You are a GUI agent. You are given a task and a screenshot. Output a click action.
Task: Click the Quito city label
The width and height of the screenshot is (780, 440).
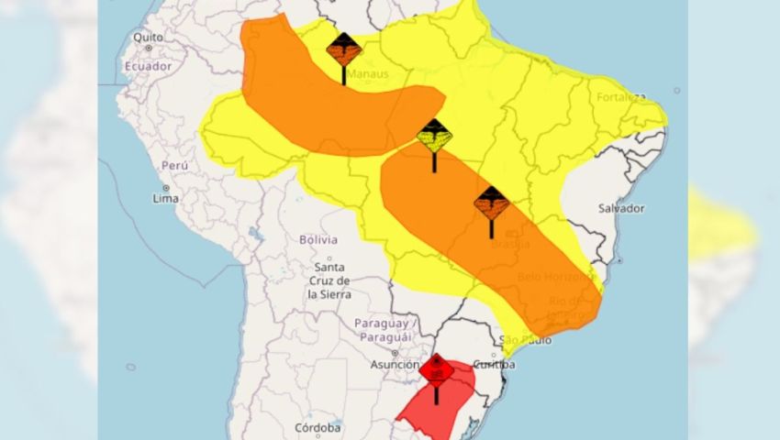click(x=147, y=38)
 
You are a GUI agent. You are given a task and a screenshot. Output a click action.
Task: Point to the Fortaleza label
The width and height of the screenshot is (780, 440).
click(x=620, y=97)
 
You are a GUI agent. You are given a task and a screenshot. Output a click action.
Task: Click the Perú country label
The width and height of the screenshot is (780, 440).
click(x=174, y=164)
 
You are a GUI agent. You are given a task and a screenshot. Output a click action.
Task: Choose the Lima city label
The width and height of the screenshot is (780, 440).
click(x=165, y=197)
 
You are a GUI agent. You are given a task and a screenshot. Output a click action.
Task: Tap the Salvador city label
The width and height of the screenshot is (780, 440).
click(x=621, y=208)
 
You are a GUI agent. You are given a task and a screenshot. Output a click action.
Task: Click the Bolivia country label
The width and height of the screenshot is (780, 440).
click(x=318, y=239)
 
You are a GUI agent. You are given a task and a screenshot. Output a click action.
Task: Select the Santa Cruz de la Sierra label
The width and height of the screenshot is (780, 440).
click(x=329, y=280)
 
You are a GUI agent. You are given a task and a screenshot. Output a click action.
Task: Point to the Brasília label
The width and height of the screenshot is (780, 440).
click(x=510, y=244)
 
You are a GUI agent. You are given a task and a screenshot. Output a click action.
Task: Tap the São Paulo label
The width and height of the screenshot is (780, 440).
click(x=527, y=340)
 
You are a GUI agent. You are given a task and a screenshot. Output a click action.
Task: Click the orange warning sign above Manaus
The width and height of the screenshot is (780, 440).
click(x=344, y=51)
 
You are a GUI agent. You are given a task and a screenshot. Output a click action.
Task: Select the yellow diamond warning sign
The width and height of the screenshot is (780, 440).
click(x=434, y=137)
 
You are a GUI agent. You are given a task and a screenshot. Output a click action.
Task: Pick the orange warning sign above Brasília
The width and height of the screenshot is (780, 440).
click(x=491, y=203)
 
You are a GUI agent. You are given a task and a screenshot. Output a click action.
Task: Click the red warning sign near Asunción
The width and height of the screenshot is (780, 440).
click(x=437, y=370)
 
